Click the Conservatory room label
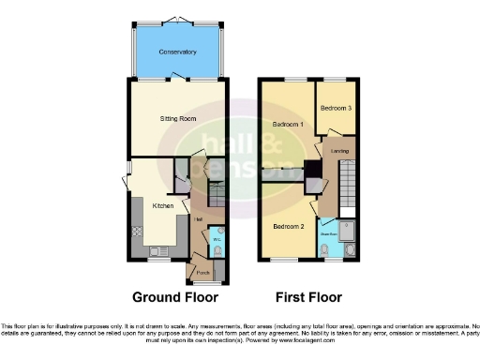click(x=175, y=52)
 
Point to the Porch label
click(x=202, y=273)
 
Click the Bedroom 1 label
click(x=287, y=125)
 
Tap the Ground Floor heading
click(x=175, y=298)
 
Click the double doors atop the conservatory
click(x=175, y=20)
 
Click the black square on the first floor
click(x=312, y=171)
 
